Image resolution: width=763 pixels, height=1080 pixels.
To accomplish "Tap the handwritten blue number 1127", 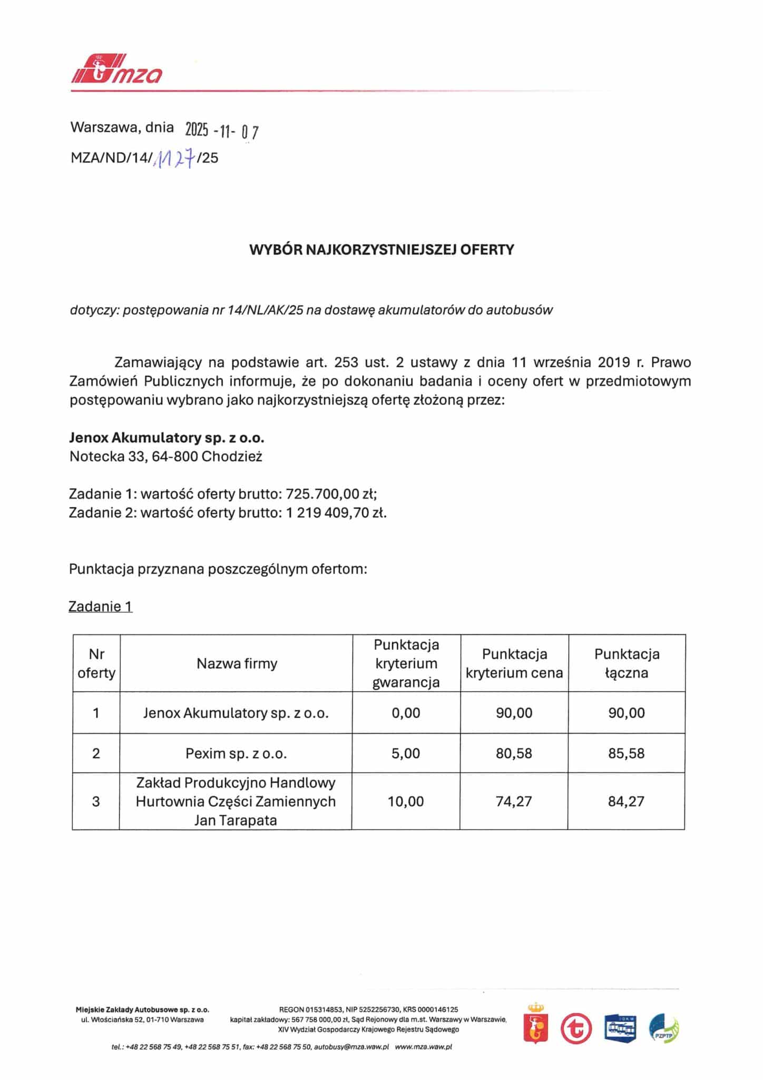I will pos(173,157).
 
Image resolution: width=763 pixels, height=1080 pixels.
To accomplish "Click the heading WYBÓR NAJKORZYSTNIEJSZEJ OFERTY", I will pos(381,249).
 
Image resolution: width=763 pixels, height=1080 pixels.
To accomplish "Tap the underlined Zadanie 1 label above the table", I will pos(100,606).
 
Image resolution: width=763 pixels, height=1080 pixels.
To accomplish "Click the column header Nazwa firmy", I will pos(237,663).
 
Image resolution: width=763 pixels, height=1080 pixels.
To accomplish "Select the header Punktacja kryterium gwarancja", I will pos(406,663).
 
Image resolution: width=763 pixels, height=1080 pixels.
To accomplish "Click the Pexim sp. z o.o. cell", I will pos(236,753).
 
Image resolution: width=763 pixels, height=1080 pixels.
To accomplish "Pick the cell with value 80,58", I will pos(514,753).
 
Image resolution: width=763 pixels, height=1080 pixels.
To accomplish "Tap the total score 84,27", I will pos(626,802).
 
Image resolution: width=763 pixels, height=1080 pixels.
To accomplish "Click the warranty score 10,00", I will pos(406,802).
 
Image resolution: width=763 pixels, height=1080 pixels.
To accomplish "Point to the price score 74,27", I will pos(514,802).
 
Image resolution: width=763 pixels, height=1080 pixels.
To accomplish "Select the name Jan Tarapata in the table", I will pos(236,821).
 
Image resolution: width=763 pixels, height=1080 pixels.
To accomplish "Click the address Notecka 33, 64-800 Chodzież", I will pos(165,457).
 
